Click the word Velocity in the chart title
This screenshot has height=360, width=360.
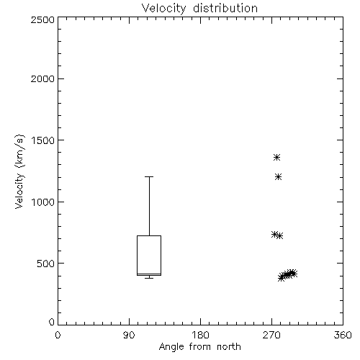(x=164, y=9)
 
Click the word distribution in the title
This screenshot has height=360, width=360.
(x=225, y=8)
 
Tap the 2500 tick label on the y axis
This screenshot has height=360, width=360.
(x=42, y=19)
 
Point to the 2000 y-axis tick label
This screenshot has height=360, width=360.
(x=42, y=78)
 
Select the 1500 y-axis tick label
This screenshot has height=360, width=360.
(x=43, y=140)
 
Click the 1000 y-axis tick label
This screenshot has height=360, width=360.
(x=43, y=202)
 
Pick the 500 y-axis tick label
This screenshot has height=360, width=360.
(x=46, y=264)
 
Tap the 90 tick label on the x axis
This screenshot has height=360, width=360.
(x=129, y=335)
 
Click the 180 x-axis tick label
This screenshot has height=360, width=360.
(x=200, y=335)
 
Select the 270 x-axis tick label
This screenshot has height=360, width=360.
(x=271, y=335)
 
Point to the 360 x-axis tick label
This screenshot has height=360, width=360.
(x=343, y=335)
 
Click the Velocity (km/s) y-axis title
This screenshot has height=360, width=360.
(x=19, y=171)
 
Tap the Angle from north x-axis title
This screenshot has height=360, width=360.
(x=200, y=347)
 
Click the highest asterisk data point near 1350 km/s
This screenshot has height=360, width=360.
(x=276, y=158)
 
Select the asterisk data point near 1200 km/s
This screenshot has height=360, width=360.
(x=278, y=177)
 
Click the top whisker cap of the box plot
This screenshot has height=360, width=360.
(x=149, y=177)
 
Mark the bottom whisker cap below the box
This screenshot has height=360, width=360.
(x=149, y=278)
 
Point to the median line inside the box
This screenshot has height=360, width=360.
(x=149, y=274)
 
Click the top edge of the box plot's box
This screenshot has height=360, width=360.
(x=149, y=236)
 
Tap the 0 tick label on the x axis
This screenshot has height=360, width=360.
(x=58, y=335)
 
